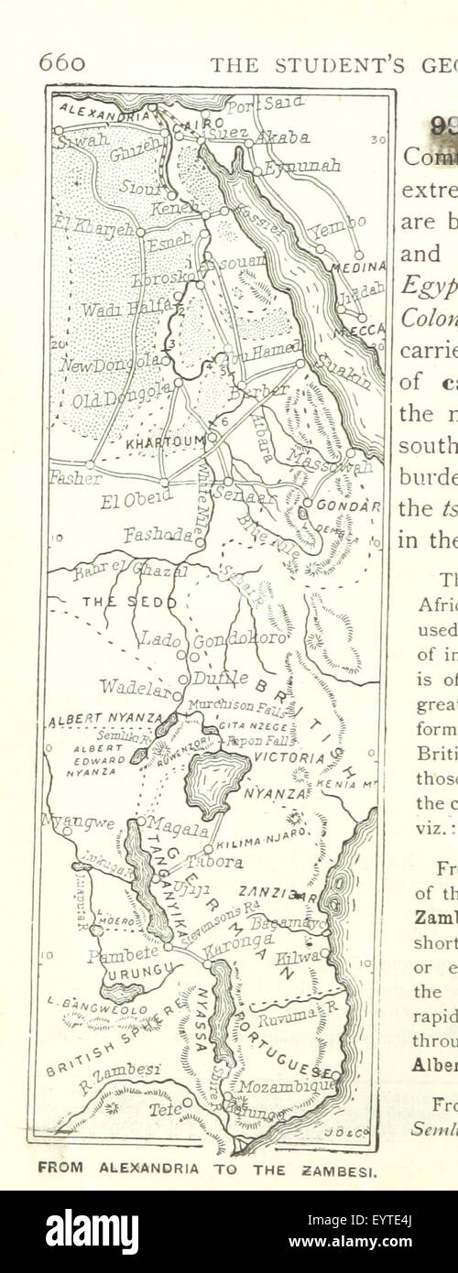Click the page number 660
tap(61, 62)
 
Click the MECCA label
tap(365, 332)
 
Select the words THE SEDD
tap(114, 602)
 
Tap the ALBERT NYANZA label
tap(104, 718)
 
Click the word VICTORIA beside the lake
tap(289, 758)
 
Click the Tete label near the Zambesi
tap(165, 1108)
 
